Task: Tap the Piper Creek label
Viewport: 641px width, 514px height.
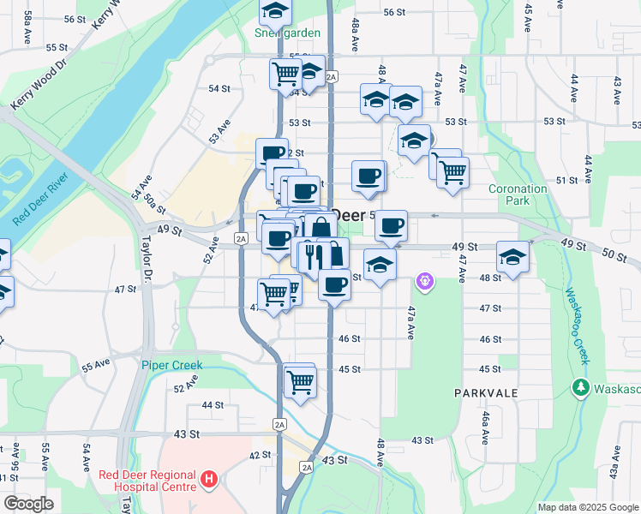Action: (172, 365)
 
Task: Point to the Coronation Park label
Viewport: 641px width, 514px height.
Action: (518, 194)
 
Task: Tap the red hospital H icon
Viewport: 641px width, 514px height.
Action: (208, 480)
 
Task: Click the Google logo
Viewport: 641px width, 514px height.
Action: (28, 504)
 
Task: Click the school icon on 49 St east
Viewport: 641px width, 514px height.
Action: (512, 256)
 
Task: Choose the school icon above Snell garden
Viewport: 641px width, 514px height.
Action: (275, 10)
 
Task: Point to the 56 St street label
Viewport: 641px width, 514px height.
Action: (394, 12)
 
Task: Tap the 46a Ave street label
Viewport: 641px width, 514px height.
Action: (485, 426)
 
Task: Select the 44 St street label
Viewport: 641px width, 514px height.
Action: (213, 404)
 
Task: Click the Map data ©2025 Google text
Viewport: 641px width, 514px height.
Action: (587, 507)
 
